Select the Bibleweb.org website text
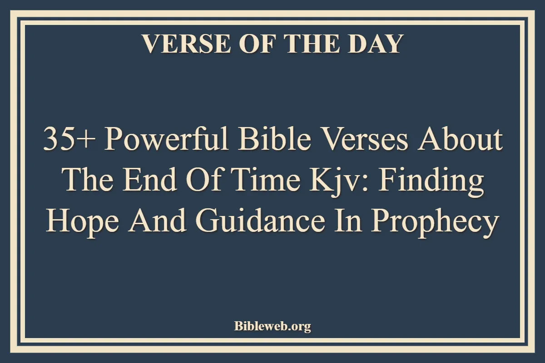point(272,326)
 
